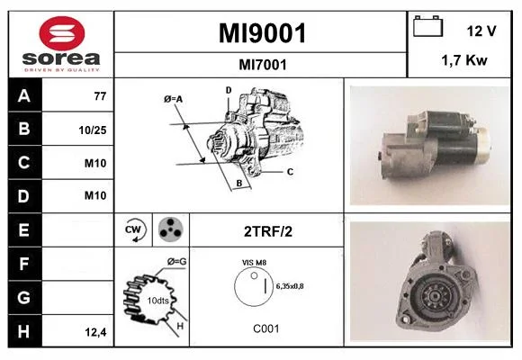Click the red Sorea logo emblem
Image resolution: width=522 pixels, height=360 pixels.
tap(62, 33)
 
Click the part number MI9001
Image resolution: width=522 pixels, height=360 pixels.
tap(262, 33)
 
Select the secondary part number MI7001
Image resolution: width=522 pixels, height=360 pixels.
tap(263, 65)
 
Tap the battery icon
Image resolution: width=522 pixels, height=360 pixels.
tap(427, 26)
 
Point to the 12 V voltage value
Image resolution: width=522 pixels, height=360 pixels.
tap(481, 31)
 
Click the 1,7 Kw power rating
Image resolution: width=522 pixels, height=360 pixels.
tap(464, 60)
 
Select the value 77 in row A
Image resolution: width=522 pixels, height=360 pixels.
tap(100, 96)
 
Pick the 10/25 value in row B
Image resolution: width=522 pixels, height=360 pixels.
tap(93, 130)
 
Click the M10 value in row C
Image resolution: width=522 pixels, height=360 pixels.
tap(95, 163)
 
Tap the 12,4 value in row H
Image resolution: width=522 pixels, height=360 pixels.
tap(95, 332)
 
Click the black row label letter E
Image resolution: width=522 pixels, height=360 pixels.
tap(23, 230)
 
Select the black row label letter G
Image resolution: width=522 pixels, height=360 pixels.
tap(23, 297)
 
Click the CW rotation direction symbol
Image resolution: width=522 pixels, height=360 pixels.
tap(134, 229)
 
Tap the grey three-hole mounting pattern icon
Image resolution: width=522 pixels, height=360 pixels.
tap(171, 229)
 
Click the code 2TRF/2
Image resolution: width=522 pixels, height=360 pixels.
tap(268, 231)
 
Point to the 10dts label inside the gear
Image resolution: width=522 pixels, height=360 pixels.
tap(157, 301)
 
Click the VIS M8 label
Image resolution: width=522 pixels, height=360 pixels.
tap(254, 263)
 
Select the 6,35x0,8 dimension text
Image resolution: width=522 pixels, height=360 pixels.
tap(290, 286)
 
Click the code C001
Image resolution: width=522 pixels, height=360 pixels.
tap(266, 328)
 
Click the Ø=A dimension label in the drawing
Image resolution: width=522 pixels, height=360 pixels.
tap(173, 99)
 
